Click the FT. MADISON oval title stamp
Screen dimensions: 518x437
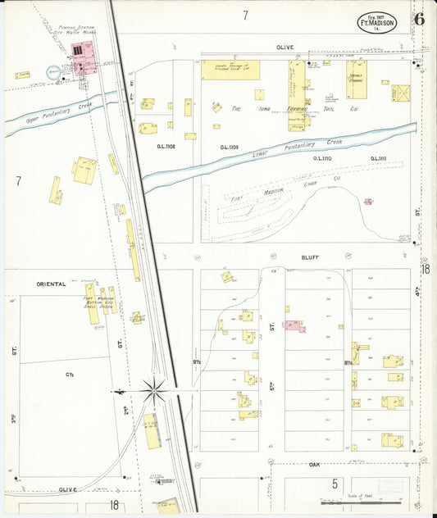coord(377,22)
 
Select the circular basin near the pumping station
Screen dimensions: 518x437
coord(52,72)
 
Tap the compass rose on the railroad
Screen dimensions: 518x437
coord(153,390)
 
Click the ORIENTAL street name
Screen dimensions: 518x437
coord(50,284)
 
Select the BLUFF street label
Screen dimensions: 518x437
coord(310,257)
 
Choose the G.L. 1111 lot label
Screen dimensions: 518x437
coord(378,158)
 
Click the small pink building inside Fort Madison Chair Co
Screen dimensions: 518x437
coord(368,201)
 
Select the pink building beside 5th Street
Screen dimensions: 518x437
coord(294,327)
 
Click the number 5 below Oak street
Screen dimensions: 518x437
coord(335,484)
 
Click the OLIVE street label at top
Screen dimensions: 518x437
coord(285,48)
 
